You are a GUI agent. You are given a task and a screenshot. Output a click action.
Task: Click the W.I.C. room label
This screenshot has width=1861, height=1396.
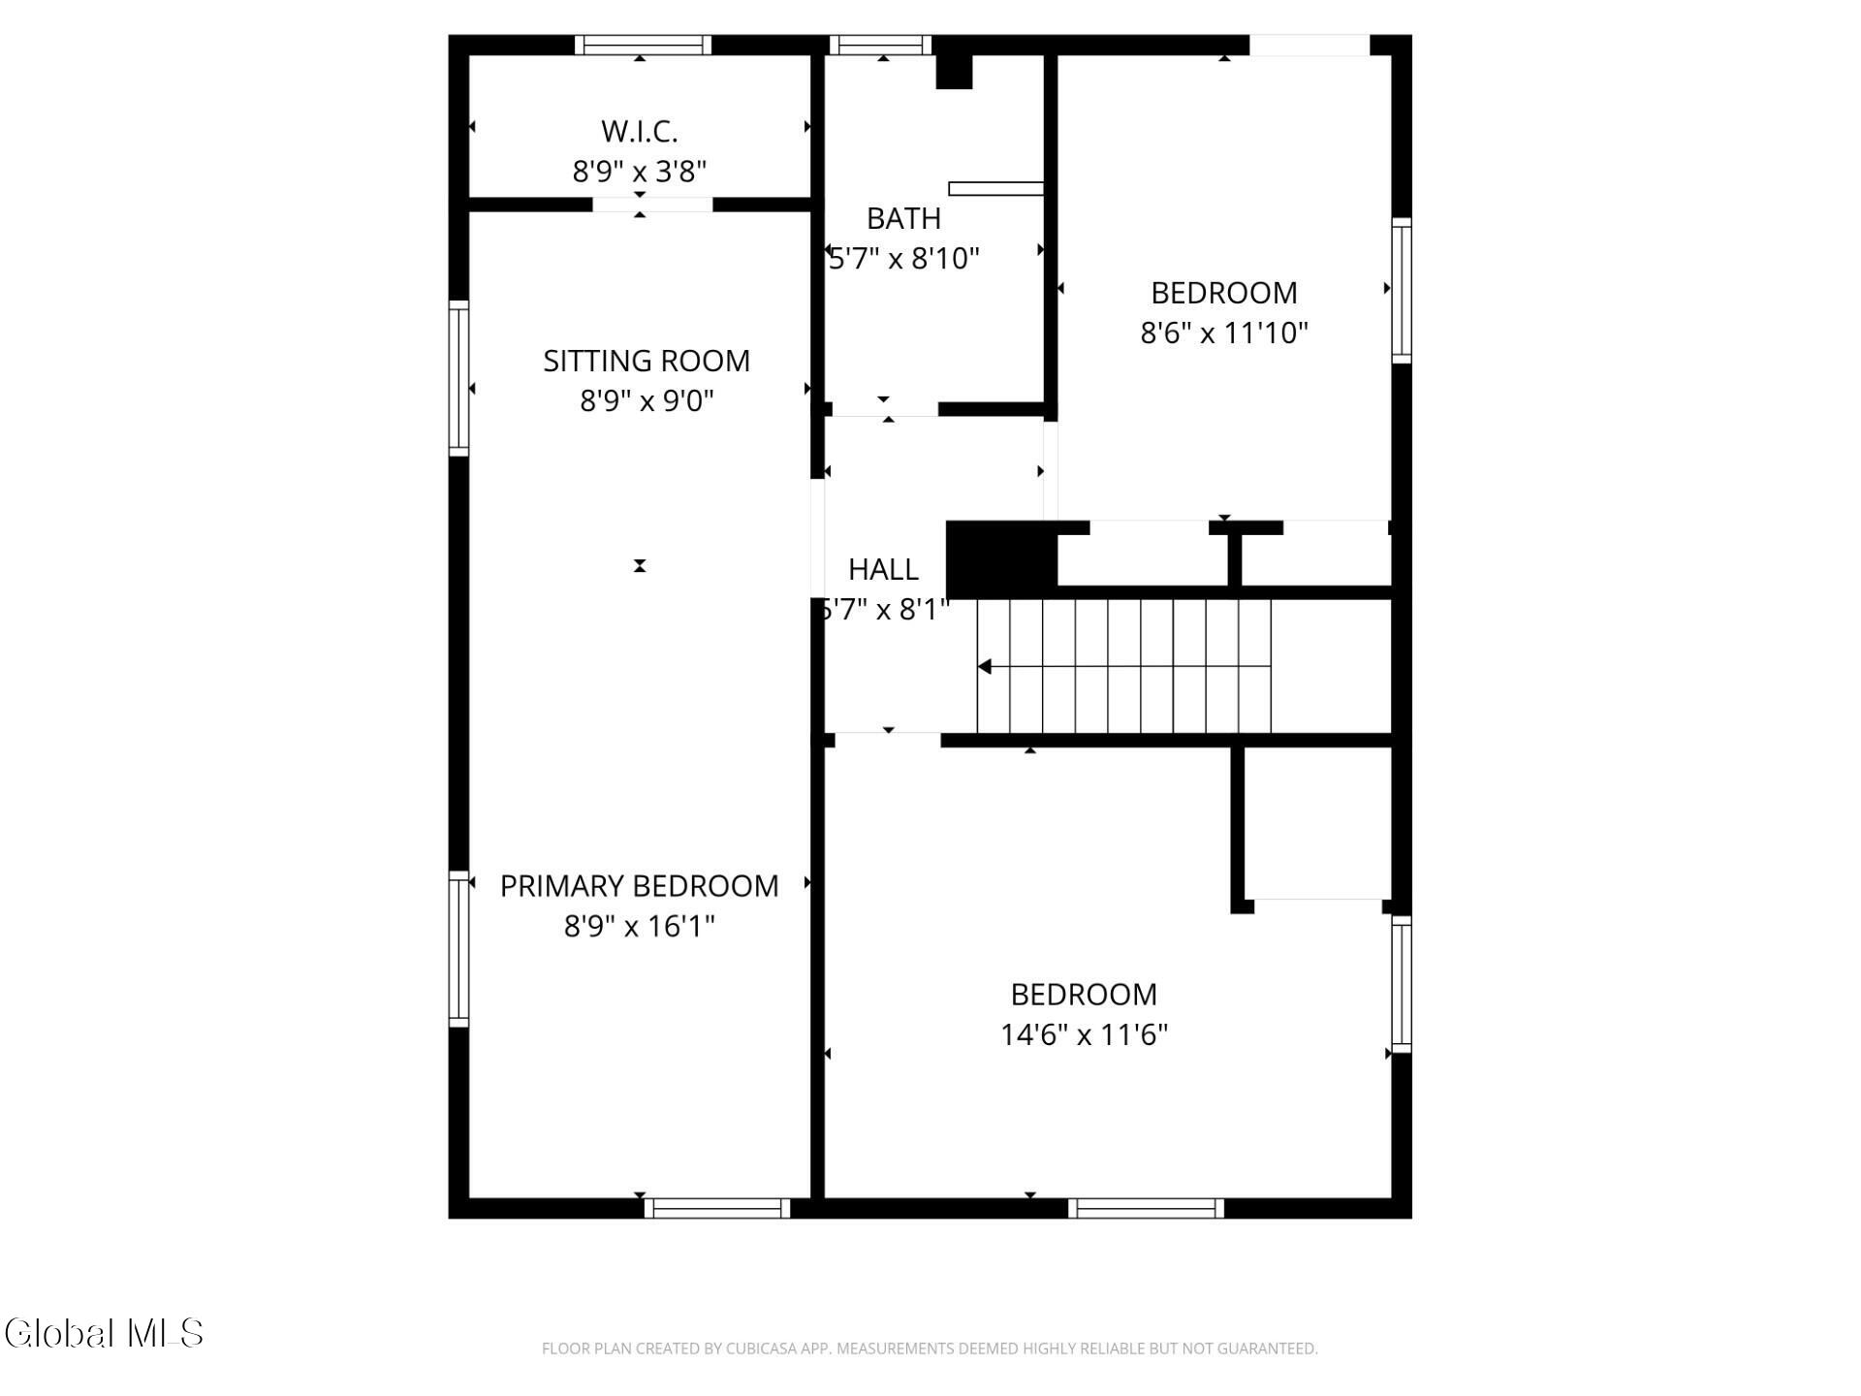[639, 131]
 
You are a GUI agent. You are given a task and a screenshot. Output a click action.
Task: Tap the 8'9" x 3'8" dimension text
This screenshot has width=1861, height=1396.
[639, 172]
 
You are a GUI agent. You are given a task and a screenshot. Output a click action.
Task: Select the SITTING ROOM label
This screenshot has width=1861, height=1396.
[647, 361]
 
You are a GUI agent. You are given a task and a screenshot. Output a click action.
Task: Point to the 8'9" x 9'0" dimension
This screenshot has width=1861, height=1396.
[647, 400]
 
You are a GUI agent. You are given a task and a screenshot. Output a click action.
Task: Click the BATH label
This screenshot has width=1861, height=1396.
[903, 218]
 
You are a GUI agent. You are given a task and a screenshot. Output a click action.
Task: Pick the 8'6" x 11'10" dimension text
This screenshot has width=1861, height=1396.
[1224, 333]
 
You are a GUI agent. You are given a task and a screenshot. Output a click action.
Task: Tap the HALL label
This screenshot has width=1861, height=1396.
[883, 569]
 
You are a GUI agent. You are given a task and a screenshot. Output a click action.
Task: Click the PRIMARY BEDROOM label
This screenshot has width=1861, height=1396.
[639, 886]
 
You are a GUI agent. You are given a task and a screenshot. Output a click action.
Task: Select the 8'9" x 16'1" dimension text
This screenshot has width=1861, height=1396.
[639, 927]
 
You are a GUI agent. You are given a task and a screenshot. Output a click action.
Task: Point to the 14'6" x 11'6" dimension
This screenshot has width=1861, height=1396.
[1084, 1034]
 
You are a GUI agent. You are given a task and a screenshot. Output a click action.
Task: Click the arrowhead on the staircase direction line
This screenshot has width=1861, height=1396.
[984, 667]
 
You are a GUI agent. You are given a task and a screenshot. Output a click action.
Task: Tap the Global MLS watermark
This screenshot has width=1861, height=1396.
[104, 1333]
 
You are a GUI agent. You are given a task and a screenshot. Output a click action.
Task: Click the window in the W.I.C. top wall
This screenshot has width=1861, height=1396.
[643, 45]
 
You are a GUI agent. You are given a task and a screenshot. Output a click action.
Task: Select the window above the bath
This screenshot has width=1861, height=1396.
[880, 45]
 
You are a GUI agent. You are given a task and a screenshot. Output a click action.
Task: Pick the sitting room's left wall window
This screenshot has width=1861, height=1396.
[458, 378]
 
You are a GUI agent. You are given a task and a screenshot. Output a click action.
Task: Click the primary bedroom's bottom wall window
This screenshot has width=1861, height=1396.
[717, 1208]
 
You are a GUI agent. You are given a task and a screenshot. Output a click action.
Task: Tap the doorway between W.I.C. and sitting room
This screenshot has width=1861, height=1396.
[652, 205]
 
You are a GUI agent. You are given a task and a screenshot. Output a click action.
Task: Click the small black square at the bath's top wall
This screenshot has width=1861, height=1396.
[954, 72]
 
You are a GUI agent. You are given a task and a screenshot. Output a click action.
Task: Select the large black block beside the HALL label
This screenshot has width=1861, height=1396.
[1001, 560]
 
